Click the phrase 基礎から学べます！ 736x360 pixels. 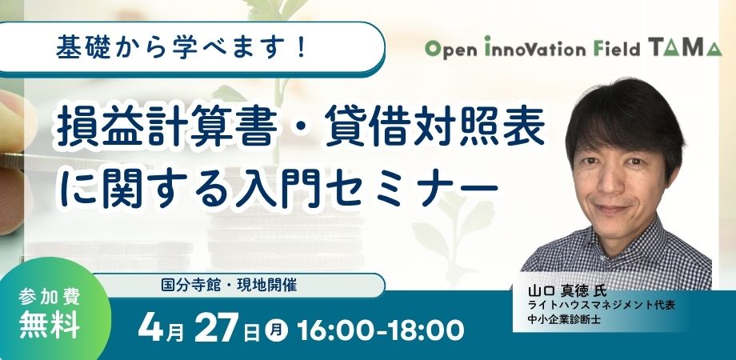(x=182, y=48)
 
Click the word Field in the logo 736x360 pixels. (x=617, y=50)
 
